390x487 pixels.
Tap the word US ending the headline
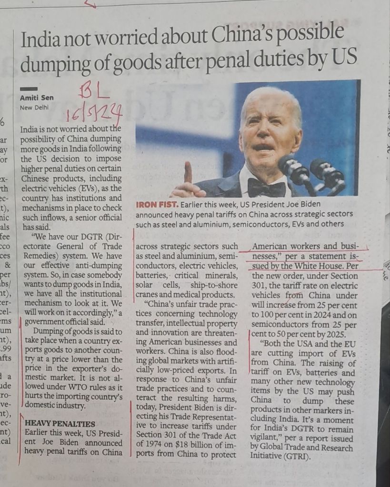click(x=343, y=60)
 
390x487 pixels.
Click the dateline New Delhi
click(x=34, y=108)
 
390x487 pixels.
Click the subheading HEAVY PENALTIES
click(x=60, y=424)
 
